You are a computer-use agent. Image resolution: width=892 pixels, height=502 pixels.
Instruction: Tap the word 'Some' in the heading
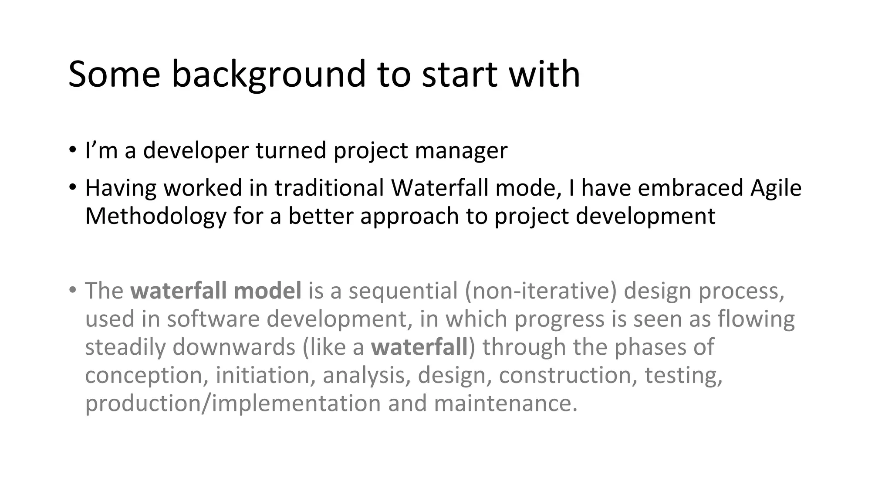(114, 75)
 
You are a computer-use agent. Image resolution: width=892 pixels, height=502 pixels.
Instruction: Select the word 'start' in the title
(460, 75)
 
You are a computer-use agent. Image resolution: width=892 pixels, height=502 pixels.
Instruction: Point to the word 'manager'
(461, 151)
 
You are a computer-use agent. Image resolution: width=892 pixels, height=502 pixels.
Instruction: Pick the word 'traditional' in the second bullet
(329, 188)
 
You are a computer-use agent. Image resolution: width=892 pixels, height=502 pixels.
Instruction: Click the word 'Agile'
(776, 188)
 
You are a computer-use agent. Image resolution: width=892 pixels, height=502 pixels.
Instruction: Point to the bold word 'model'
(267, 291)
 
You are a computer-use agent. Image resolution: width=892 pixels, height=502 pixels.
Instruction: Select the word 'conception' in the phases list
(146, 375)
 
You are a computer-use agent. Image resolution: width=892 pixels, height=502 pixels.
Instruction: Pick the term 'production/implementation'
(233, 403)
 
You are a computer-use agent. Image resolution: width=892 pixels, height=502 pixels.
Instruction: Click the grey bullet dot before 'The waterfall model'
(73, 289)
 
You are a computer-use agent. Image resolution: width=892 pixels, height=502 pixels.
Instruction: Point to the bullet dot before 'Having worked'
(73, 187)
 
